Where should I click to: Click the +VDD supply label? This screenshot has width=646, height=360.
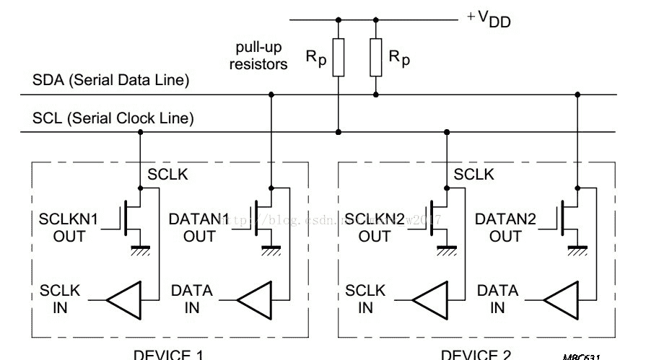point(489,19)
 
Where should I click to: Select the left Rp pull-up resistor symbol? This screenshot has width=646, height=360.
point(339,58)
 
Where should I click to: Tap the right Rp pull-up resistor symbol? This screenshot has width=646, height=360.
point(375,58)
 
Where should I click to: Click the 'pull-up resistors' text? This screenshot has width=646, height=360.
point(258,56)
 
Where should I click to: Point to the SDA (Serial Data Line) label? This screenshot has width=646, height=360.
point(110,81)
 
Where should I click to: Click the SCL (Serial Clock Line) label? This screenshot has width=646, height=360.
point(113,118)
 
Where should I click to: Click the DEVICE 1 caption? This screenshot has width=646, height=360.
point(168,354)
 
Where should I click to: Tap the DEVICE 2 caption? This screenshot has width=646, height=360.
point(476,354)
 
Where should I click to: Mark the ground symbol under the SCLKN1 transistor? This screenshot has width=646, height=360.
point(139,249)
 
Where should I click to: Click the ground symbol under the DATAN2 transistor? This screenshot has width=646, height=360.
point(577,249)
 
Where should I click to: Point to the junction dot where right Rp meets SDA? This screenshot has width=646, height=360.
point(375,95)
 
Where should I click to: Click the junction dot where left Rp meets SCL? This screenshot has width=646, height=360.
point(339,132)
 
